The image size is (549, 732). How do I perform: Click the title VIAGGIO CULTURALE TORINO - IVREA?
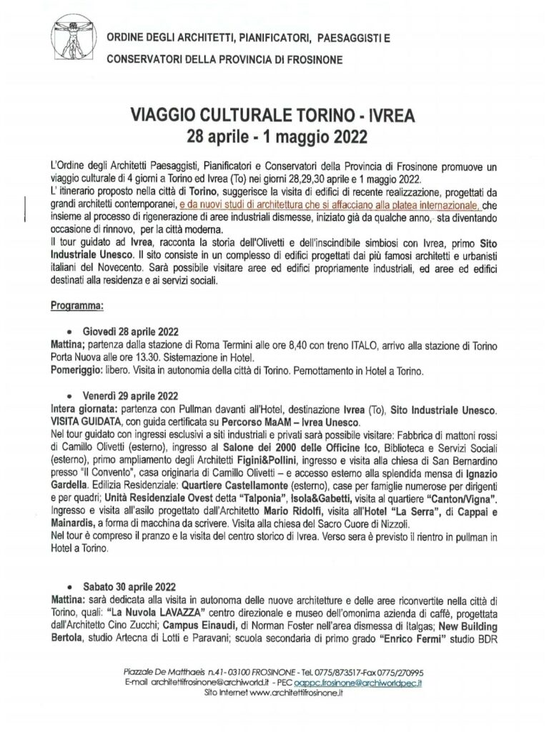(274, 114)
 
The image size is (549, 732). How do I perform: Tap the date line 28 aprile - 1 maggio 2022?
(274, 134)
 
